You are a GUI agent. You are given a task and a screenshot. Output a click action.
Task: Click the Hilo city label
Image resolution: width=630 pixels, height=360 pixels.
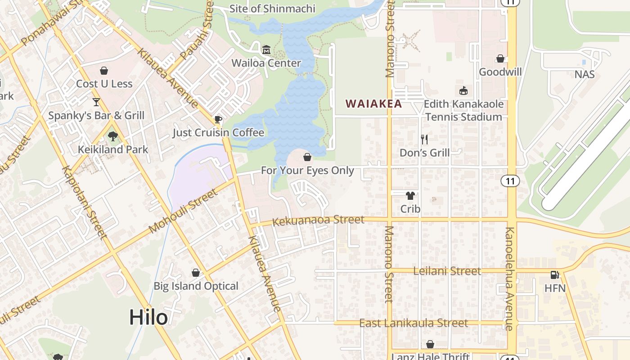[148, 317]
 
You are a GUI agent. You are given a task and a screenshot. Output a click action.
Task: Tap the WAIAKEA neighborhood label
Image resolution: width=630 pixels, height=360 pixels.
[373, 103]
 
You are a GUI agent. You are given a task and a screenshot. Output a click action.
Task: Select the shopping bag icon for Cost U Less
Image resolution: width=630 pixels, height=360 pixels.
[104, 71]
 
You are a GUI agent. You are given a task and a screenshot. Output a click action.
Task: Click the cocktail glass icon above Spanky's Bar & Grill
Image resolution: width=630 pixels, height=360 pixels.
[96, 102]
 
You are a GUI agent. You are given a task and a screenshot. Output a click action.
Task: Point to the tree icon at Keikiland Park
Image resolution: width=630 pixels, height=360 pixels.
[113, 135]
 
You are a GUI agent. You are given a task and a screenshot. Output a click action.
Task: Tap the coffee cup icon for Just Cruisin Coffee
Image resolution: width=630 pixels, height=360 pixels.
[218, 119]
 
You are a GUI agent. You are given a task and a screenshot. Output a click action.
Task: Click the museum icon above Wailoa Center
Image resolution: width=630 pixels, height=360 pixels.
[266, 49]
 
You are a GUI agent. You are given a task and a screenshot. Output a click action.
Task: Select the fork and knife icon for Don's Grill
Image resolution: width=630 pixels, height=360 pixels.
[424, 139]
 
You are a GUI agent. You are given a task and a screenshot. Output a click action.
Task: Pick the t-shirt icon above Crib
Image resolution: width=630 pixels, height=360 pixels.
[410, 196]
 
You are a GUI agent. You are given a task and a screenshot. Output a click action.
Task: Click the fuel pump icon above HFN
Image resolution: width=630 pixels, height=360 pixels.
[555, 274]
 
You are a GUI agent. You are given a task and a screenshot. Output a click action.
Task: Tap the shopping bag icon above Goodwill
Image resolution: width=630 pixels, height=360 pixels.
[500, 59]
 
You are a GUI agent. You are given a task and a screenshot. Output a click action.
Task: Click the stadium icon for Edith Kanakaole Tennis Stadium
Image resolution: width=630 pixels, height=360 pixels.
[463, 90]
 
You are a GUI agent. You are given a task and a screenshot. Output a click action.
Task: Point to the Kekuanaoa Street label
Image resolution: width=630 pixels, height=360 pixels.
[318, 220]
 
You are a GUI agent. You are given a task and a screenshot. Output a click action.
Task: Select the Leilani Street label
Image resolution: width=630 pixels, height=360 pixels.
[441, 271]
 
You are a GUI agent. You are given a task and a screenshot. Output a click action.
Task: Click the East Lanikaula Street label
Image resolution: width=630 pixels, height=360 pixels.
[414, 323]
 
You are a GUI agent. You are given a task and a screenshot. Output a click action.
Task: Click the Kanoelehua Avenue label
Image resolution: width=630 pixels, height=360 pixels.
[509, 279]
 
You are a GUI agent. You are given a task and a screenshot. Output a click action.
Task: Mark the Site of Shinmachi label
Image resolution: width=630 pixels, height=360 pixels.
[272, 9]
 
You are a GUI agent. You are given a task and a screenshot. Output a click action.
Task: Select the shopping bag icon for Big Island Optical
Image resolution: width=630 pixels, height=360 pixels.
[196, 273]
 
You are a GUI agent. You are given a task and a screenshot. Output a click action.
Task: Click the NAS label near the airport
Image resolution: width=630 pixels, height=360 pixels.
[585, 74]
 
